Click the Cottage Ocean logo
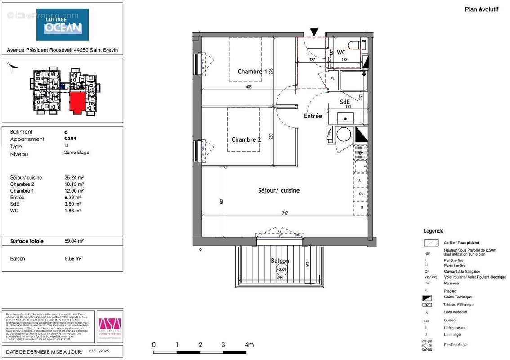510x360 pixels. coord(63,25)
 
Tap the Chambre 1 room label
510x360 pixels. coord(252,72)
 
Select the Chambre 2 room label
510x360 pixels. coord(246,139)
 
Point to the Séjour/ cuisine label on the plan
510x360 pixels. coord(279,190)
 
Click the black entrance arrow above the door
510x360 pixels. coord(314,32)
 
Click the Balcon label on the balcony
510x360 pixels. coord(280,261)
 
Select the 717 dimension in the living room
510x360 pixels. coord(285,213)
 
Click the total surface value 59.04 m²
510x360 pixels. coord(74,241)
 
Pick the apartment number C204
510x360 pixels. coord(70,139)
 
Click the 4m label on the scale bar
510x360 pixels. coord(249,345)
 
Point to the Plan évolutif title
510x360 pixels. coord(481,9)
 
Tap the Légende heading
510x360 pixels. coord(433,231)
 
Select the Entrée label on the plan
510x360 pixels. coord(313,116)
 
